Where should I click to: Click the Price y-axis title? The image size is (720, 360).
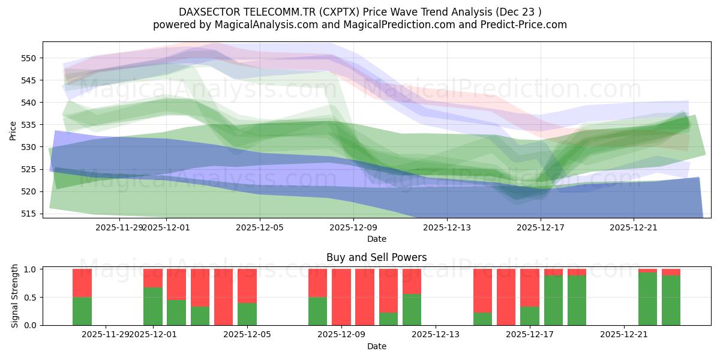click(13, 130)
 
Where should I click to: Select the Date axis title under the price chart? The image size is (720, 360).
click(377, 239)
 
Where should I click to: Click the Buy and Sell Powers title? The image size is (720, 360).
click(377, 257)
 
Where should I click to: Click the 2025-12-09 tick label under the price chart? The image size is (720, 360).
click(353, 227)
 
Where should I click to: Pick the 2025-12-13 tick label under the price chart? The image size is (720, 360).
click(447, 227)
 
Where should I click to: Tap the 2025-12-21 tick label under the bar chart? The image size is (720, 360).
click(624, 335)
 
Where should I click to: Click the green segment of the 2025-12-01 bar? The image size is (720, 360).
click(153, 307)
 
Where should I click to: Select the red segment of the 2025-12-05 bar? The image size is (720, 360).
click(247, 286)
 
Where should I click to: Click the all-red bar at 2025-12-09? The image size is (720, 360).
click(341, 297)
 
